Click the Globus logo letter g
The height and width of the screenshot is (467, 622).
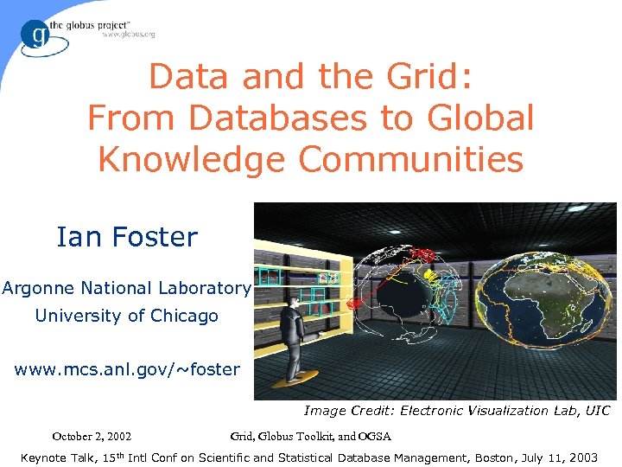[37, 34]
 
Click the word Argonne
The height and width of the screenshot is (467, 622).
[39, 288]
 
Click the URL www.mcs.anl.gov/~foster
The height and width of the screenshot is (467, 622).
[127, 369]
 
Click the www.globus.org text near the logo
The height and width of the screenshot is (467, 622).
[128, 35]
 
